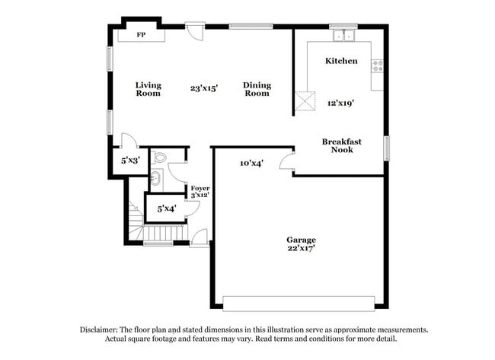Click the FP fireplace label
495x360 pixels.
141,35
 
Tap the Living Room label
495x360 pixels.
148,89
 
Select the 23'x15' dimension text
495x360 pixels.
204,88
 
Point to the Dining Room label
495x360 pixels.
257,89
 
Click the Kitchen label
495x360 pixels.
341,61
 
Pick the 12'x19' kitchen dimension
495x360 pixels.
341,102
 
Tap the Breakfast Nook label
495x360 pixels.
341,145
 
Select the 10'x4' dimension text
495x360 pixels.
251,163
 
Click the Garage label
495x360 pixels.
302,240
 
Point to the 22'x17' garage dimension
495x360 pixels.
302,249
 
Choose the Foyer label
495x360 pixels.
200,187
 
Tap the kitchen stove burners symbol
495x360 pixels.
376,65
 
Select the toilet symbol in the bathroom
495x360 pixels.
158,158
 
